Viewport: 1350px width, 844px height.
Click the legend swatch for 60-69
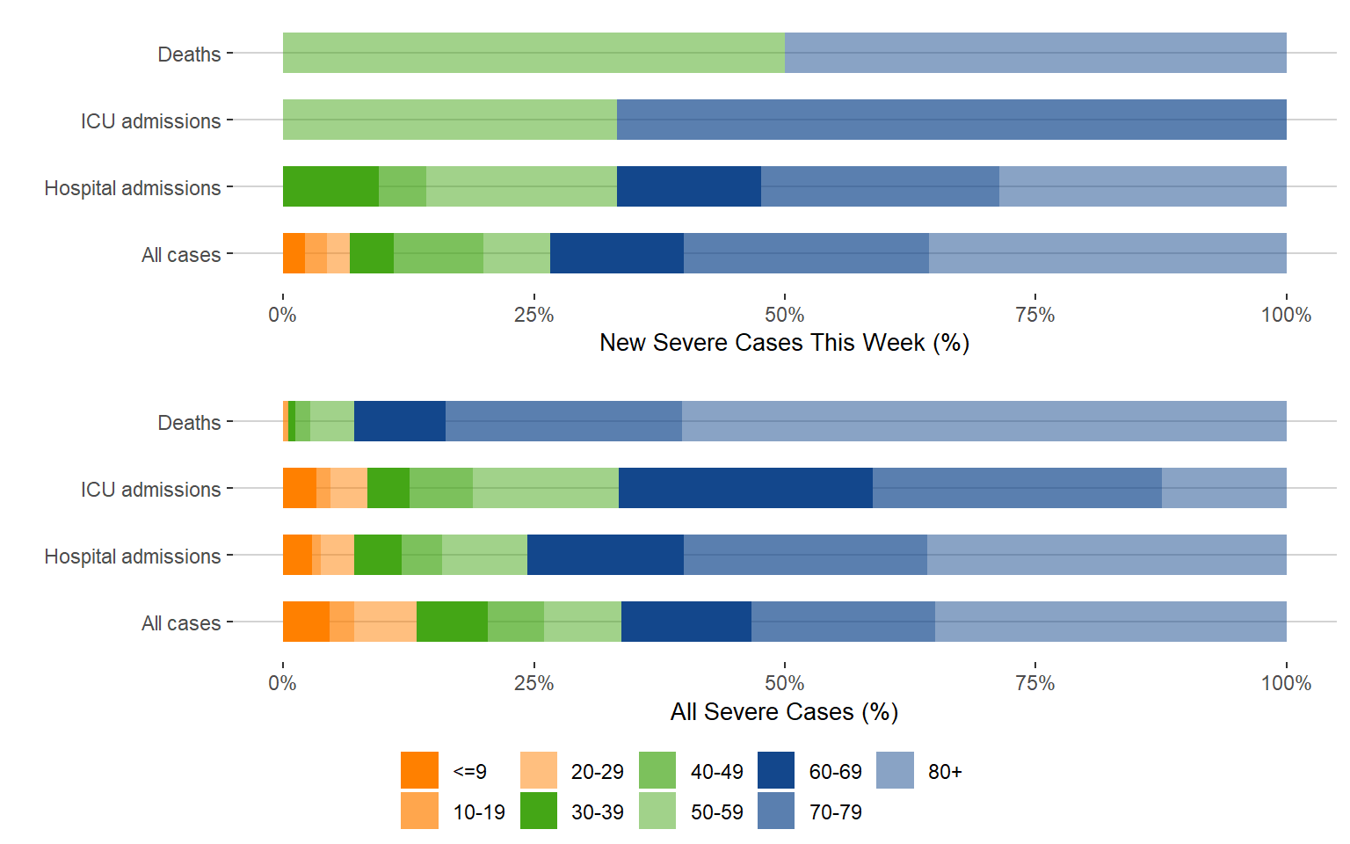click(775, 770)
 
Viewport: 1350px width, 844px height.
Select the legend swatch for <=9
click(419, 770)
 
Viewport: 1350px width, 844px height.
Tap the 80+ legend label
click(945, 772)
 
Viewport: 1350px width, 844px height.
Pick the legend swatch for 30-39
click(538, 811)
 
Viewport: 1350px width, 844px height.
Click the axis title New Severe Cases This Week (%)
click(784, 343)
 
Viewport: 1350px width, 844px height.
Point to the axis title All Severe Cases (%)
click(784, 711)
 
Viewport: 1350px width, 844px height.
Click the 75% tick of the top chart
click(1034, 315)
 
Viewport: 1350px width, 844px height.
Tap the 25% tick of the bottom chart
click(533, 683)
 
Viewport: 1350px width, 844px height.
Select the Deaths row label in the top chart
click(189, 55)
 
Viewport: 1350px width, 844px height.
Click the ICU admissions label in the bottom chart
click(150, 490)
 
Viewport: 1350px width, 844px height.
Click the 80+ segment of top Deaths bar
click(1035, 53)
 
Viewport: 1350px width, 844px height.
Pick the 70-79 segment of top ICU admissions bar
click(951, 120)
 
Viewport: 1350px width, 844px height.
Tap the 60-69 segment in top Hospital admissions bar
click(688, 186)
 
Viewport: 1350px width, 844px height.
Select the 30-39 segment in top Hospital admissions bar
click(330, 186)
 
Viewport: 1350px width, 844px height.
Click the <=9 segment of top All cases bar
click(294, 253)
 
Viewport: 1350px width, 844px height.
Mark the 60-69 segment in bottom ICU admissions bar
click(745, 488)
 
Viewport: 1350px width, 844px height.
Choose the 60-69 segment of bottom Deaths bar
click(399, 421)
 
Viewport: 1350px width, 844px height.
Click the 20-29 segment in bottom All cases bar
click(385, 622)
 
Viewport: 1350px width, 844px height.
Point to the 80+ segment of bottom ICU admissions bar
click(1223, 488)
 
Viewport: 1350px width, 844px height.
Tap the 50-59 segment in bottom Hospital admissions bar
click(484, 555)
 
